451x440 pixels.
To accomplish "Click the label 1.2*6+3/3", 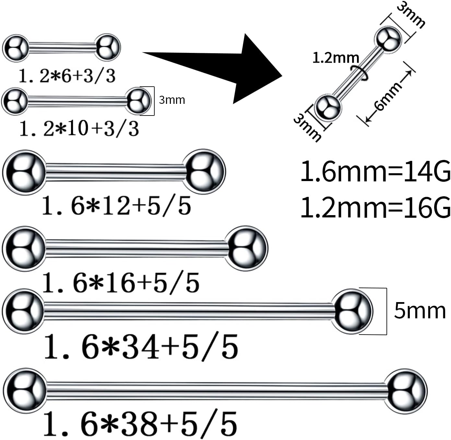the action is (x=67, y=76).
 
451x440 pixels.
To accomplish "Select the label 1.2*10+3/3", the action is (x=79, y=128).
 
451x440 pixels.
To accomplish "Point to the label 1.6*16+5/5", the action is (x=121, y=283).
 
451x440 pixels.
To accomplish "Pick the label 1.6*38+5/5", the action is (x=140, y=423).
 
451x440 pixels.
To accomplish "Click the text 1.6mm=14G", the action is (x=375, y=172).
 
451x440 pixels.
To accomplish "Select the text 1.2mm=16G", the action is (x=375, y=208).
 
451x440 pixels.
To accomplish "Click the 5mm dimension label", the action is (x=420, y=311).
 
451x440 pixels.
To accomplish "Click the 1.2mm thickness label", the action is (x=336, y=58).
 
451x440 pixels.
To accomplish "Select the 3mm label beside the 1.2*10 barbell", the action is (x=172, y=100).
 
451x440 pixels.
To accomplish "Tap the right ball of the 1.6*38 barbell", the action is (x=407, y=391).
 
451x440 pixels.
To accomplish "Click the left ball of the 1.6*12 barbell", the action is (x=24, y=172).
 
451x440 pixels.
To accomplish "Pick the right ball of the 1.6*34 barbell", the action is (x=352, y=311).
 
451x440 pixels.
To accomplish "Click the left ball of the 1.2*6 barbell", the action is (x=15, y=48).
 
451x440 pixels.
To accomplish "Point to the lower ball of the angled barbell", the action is (x=328, y=107).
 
